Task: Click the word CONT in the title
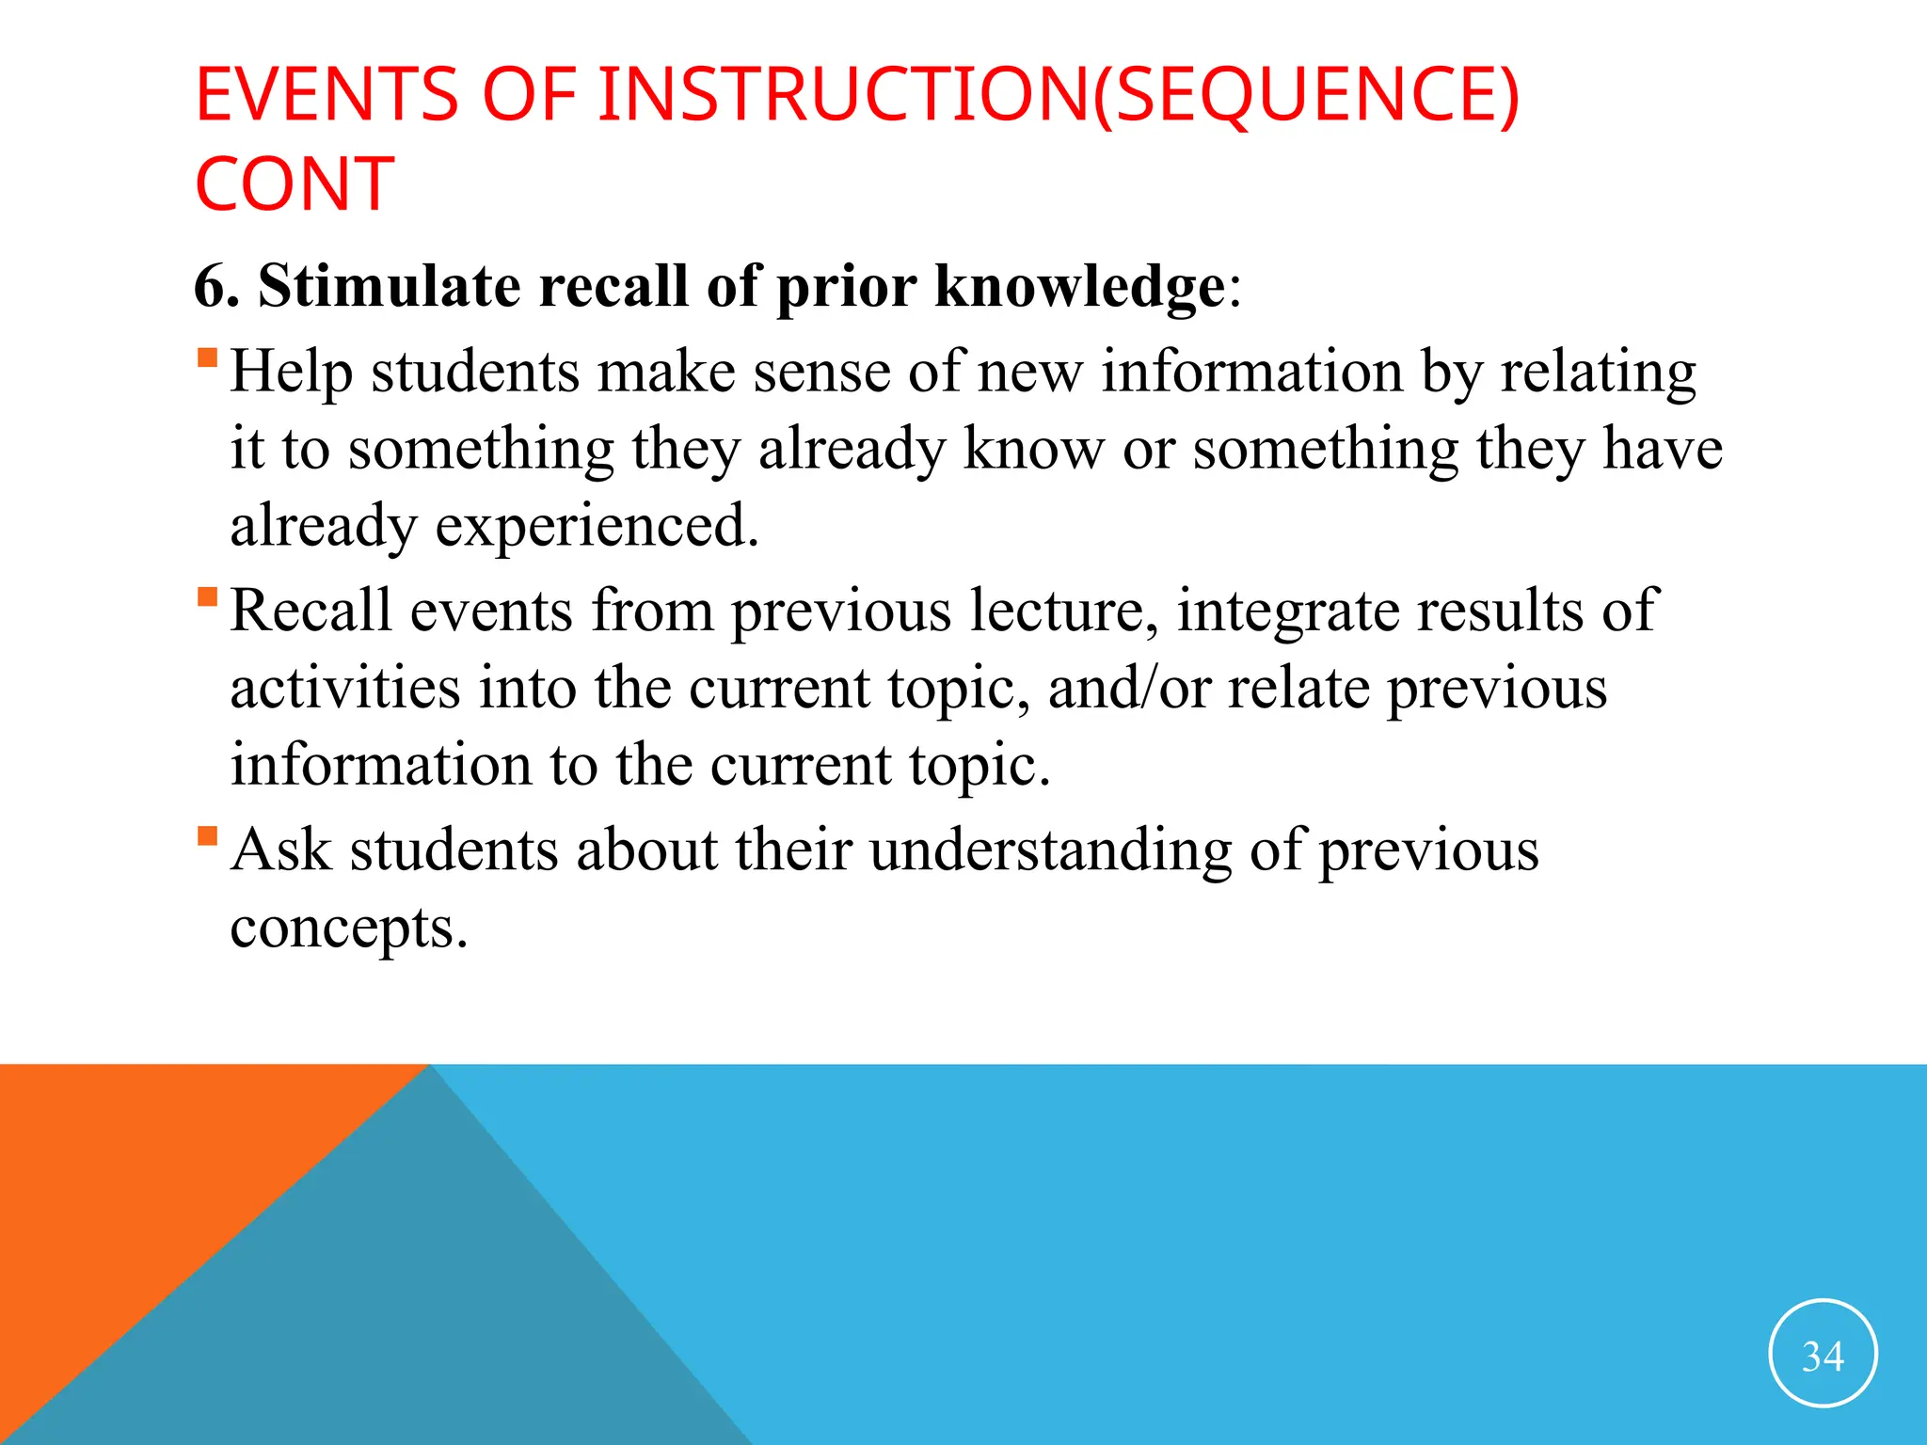pyautogui.click(x=295, y=184)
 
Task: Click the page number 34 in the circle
pyautogui.click(x=1823, y=1356)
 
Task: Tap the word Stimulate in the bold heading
pyautogui.click(x=389, y=286)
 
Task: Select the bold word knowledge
pyautogui.click(x=1080, y=286)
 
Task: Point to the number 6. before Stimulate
pyautogui.click(x=216, y=286)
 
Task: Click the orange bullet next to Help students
pyautogui.click(x=208, y=358)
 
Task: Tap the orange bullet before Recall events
pyautogui.click(x=208, y=597)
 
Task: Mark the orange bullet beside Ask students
pyautogui.click(x=208, y=836)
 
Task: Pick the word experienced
pyautogui.click(x=597, y=527)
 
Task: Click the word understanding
pyautogui.click(x=1050, y=852)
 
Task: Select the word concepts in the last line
pyautogui.click(x=348, y=929)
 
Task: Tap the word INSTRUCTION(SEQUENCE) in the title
pyautogui.click(x=1059, y=95)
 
